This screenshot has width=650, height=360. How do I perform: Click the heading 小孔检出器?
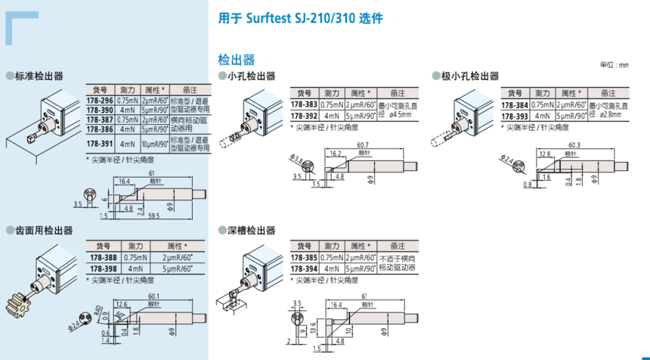coord(251,76)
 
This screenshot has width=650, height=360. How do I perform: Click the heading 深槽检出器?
coord(251,231)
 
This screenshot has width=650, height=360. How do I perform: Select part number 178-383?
coord(305,104)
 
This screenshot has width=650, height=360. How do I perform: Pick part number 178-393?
coord(515,116)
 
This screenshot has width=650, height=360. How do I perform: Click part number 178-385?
coord(305,258)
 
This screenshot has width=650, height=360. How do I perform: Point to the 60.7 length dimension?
coord(364,144)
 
